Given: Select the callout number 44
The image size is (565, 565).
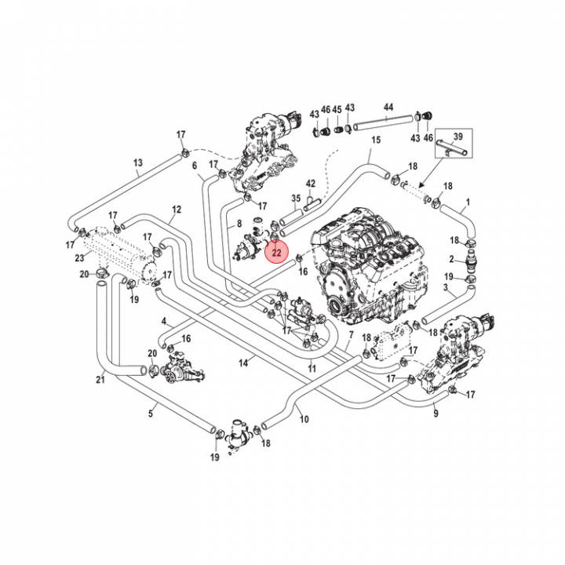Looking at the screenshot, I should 388,107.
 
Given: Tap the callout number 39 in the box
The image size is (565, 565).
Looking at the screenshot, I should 459,136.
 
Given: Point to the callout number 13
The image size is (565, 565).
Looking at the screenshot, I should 138,164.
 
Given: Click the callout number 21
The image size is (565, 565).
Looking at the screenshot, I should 100,381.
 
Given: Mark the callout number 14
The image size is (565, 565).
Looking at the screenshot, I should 244,363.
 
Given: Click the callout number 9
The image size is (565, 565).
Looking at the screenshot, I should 436,414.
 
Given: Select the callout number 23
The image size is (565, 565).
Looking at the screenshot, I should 79,257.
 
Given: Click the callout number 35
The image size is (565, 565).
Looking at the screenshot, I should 296,199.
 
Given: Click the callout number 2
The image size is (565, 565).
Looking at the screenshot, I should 452,259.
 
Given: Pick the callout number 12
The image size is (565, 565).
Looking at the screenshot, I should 177,210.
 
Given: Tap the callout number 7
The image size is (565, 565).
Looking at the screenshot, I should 351,334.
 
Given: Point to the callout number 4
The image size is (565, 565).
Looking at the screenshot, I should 164,321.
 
